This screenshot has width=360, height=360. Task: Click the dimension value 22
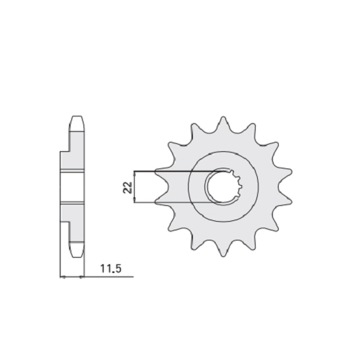[128, 187]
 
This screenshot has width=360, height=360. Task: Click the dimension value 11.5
[111, 269]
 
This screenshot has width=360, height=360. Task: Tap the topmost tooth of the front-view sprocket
[223, 124]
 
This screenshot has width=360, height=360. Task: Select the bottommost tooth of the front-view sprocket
[223, 251]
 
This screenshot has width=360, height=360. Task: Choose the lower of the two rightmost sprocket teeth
[284, 201]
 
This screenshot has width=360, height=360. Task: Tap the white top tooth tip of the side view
[78, 123]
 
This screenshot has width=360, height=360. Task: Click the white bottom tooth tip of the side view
[77, 251]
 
